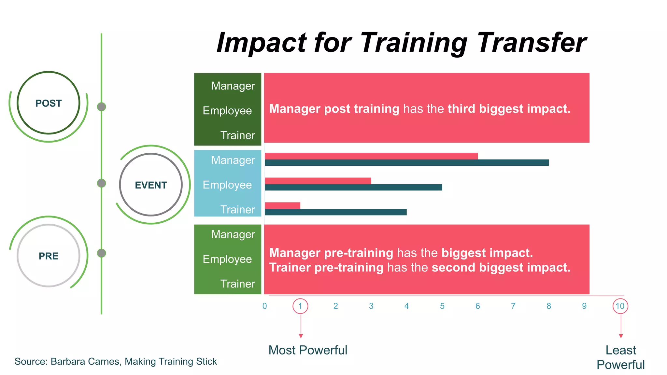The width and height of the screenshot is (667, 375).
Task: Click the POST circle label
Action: [49, 103]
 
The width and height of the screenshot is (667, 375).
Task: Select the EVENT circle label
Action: [151, 185]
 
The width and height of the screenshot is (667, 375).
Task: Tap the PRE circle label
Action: [49, 256]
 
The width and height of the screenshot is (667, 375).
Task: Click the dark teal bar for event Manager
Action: [406, 163]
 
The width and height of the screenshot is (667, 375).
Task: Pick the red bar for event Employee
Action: [318, 181]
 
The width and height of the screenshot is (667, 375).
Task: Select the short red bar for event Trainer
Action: [282, 205]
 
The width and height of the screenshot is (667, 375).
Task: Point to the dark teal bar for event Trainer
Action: [335, 212]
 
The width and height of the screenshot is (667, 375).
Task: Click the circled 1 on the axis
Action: [300, 306]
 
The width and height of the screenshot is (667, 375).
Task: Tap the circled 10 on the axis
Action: [620, 306]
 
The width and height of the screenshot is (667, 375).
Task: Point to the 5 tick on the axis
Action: [442, 306]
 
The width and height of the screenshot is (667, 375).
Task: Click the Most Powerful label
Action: [308, 350]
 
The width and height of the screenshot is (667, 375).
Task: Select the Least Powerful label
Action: [620, 357]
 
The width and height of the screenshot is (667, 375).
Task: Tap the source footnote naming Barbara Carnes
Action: [116, 362]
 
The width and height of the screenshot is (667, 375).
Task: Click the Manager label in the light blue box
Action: [233, 160]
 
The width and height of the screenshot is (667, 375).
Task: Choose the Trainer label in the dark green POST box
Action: [237, 135]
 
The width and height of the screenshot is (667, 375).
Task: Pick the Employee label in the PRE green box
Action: [227, 259]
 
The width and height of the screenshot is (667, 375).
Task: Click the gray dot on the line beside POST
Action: [102, 107]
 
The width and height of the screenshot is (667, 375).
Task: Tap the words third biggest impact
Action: [509, 109]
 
